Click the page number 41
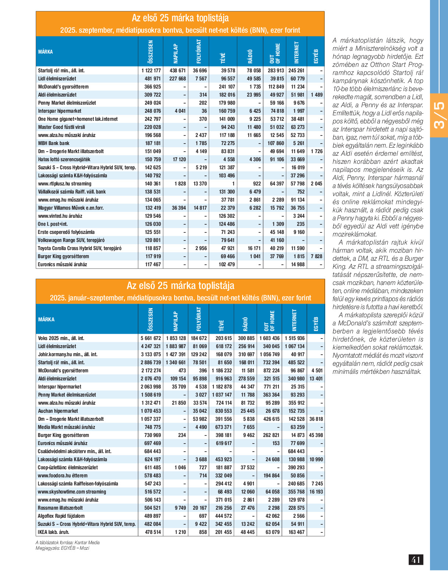[x=416, y=560]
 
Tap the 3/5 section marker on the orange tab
[x=439, y=115]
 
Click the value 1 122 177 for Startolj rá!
[x=151, y=71]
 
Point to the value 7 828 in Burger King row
[x=316, y=256]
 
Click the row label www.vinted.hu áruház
[x=60, y=216]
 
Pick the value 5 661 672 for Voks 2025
[x=151, y=338]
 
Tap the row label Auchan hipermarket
[x=58, y=411]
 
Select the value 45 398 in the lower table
[x=316, y=435]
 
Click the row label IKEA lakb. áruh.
[x=54, y=532]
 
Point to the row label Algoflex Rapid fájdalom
[x=61, y=516]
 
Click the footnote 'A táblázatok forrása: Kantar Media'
[x=68, y=542]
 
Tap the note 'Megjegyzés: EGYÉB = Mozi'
[x=62, y=548]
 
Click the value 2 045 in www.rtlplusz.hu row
[x=316, y=184]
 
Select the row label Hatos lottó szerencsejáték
[x=64, y=159]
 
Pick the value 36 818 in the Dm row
[x=316, y=419]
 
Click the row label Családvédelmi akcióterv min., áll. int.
[x=75, y=451]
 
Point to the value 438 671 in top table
[x=178, y=71]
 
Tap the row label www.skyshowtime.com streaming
[x=72, y=492]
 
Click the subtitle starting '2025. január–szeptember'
[x=180, y=298]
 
